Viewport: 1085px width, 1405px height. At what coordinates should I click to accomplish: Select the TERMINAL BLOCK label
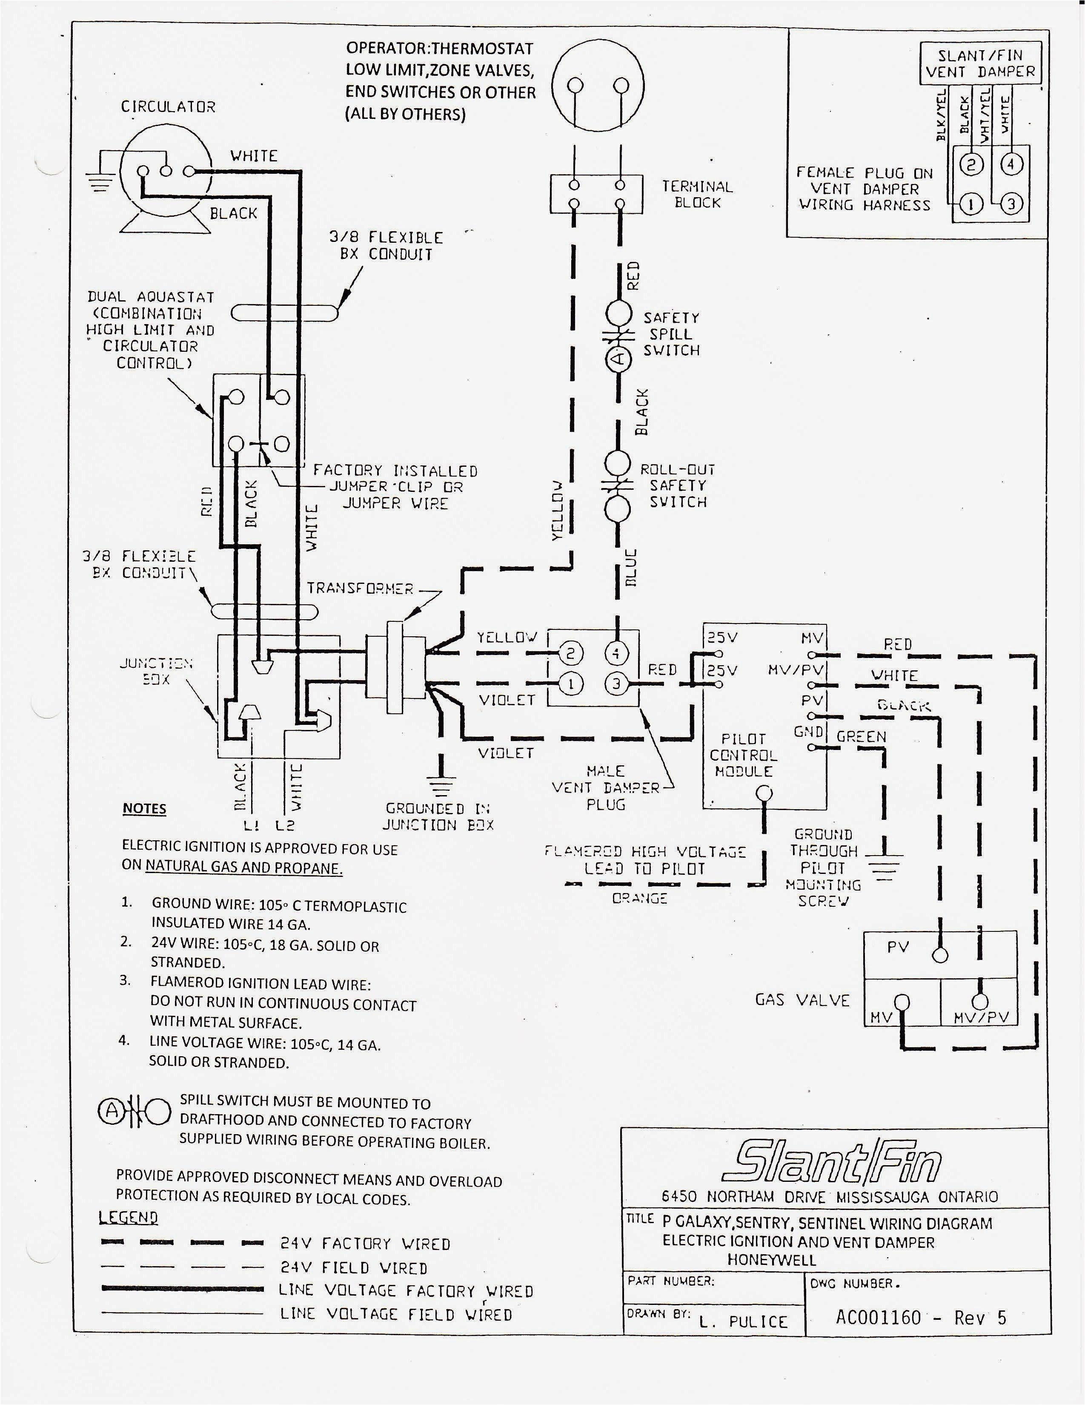(697, 194)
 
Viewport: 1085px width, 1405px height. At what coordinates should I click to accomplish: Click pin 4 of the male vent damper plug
(616, 654)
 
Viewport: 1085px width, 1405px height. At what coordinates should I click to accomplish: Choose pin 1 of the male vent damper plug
(570, 683)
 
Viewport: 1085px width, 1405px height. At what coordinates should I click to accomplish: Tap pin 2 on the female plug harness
(971, 165)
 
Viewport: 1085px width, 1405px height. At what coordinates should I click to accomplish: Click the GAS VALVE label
(802, 1000)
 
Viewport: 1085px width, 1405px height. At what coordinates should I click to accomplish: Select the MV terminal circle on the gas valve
(902, 1002)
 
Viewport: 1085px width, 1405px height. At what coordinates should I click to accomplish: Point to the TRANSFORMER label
(360, 588)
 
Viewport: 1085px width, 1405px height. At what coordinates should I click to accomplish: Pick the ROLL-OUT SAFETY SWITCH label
(677, 486)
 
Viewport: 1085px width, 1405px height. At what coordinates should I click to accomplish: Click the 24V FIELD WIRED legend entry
(353, 1268)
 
